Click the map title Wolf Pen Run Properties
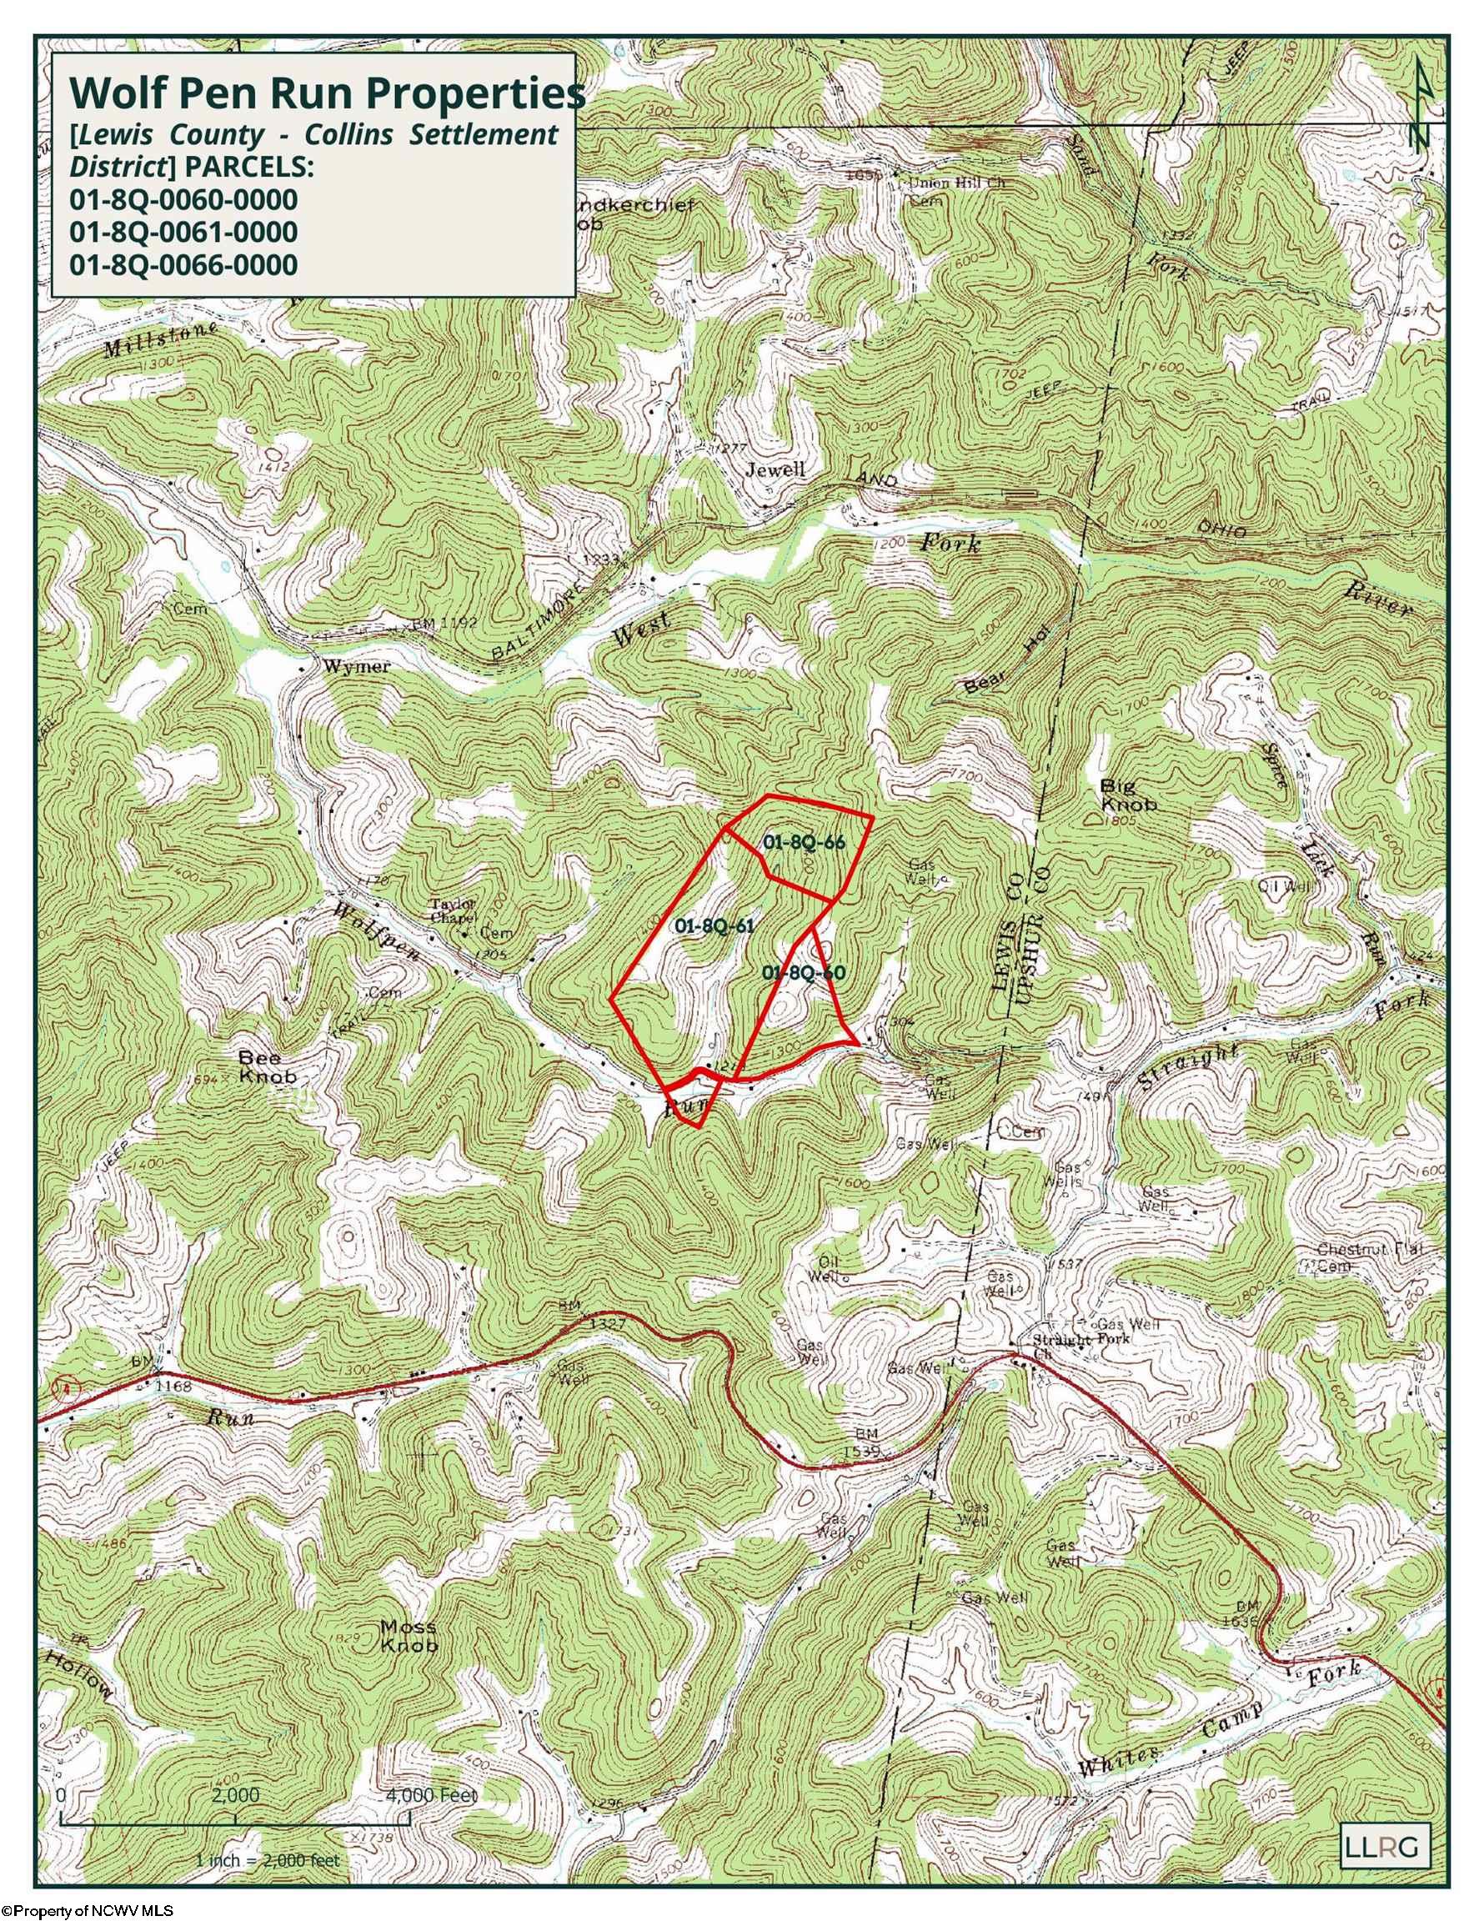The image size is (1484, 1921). pos(325,92)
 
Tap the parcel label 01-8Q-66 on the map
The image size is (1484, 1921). pos(804,842)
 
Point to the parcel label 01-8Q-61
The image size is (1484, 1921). pos(715,925)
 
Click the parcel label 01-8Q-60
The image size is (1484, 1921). pos(804,972)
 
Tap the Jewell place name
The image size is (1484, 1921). pos(775,469)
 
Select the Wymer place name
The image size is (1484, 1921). pos(356,666)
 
